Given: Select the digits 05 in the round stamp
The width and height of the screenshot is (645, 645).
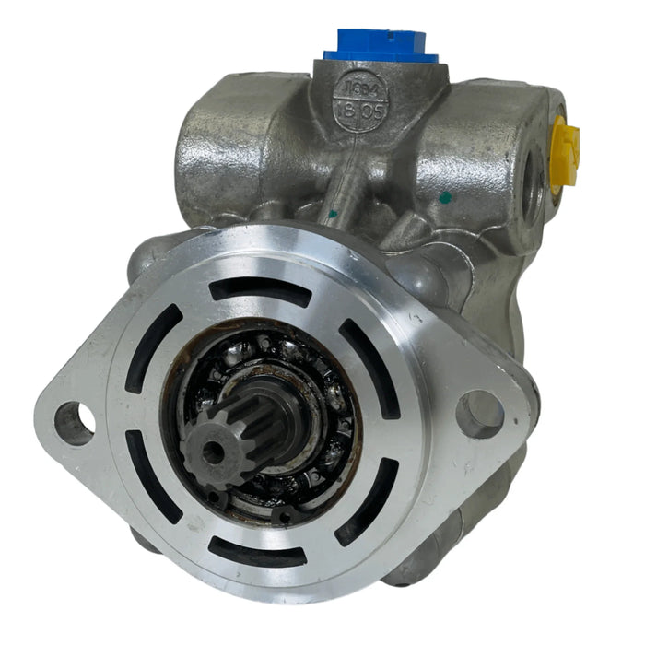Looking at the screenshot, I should tap(371, 110).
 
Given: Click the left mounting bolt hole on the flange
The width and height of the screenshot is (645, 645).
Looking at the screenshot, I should tap(74, 423).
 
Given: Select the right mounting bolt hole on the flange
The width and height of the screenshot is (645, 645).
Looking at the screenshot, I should tap(479, 414).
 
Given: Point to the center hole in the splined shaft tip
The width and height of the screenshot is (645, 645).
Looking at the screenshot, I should tap(214, 451).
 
